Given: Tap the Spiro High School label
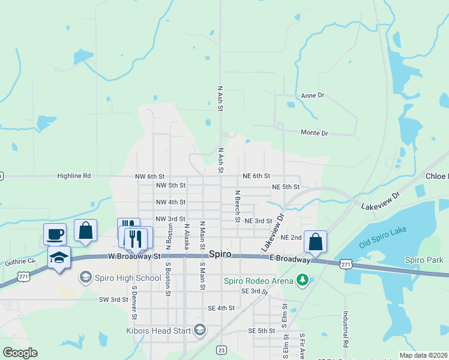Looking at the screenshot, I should pyautogui.click(x=127, y=278).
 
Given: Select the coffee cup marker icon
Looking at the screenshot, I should pyautogui.click(x=55, y=234).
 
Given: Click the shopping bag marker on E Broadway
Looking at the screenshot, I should pyautogui.click(x=315, y=242).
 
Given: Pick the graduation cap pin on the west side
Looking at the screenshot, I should pyautogui.click(x=59, y=257).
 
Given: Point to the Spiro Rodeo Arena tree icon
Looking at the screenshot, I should pyautogui.click(x=304, y=280).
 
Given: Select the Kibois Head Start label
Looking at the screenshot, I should pyautogui.click(x=158, y=330).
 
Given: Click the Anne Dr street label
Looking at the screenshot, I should pyautogui.click(x=312, y=95).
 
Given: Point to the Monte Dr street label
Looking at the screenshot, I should pyautogui.click(x=314, y=133).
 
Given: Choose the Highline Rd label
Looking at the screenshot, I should pyautogui.click(x=74, y=176).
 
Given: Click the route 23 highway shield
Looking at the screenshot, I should pyautogui.click(x=221, y=350).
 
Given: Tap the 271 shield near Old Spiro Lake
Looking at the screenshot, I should pyautogui.click(x=345, y=263).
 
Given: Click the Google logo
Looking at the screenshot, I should pyautogui.click(x=20, y=353).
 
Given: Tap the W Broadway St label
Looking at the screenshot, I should pyautogui.click(x=135, y=256).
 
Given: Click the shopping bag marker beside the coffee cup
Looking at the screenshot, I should pyautogui.click(x=85, y=230).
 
